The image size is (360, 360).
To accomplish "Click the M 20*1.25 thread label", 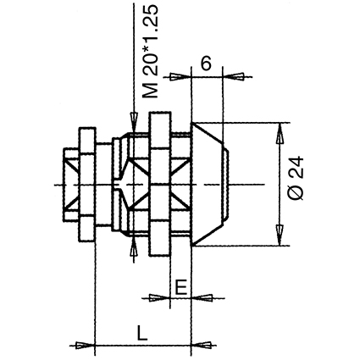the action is click(150, 52).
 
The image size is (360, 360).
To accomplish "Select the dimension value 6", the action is click(206, 64).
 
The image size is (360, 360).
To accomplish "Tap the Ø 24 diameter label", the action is click(296, 178).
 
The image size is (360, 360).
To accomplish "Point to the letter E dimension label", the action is click(180, 288).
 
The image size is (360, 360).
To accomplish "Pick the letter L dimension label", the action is click(142, 333).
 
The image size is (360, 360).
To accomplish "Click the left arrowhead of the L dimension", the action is click(86, 345).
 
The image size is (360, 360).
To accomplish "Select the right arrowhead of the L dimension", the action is click(202, 345).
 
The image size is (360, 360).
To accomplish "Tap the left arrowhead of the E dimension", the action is click(160, 298).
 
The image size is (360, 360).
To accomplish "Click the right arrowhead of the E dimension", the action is click(202, 298).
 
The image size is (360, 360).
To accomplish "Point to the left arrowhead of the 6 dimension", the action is click(180, 76).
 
